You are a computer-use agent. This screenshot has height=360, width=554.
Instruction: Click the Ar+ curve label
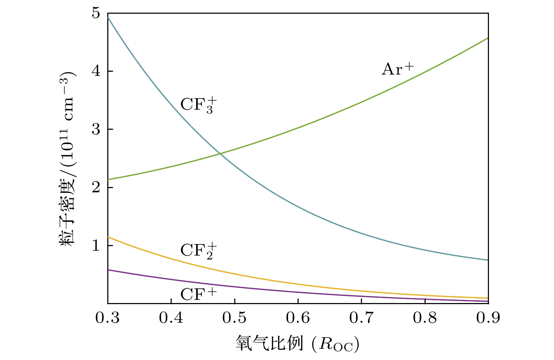coord(398,69)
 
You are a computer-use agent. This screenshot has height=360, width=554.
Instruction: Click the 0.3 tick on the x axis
coord(108,318)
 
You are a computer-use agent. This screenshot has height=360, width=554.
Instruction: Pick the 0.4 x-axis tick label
coord(171,318)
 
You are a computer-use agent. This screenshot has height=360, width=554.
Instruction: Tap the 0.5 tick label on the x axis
coord(235,318)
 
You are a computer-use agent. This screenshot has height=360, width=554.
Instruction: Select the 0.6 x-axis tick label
coord(298,318)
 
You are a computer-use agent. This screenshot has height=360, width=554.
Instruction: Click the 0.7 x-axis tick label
coord(361,318)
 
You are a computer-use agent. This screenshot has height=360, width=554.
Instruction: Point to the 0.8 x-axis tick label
coord(425,318)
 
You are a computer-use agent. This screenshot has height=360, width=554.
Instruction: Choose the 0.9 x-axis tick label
coord(488,318)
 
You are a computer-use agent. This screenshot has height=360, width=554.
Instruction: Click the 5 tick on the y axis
coord(96,13)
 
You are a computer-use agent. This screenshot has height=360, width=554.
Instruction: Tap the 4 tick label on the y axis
coord(96,71)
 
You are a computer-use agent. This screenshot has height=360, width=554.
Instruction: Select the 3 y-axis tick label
coord(96,129)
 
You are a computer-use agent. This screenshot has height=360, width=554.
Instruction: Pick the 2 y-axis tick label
coord(96,187)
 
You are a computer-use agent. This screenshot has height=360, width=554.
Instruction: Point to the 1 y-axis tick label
coord(96,245)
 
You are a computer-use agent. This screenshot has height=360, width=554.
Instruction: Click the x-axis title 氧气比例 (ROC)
coord(298,343)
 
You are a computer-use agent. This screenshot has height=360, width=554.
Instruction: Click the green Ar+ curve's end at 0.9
coord(488,38)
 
